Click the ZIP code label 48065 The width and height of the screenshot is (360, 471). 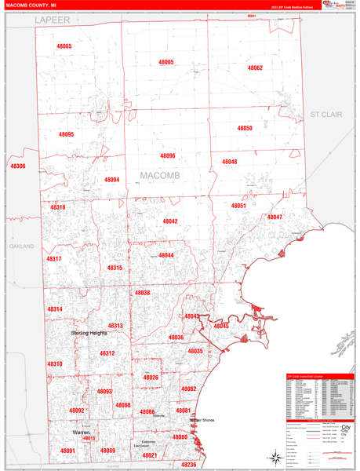point(64,46)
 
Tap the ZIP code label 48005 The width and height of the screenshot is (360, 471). point(166,62)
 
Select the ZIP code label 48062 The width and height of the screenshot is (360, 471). point(255,68)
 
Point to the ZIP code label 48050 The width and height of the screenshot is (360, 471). point(245,128)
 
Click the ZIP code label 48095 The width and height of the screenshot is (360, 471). point(66,134)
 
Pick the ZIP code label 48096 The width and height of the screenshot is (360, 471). point(167,156)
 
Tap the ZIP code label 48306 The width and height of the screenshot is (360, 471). point(17,166)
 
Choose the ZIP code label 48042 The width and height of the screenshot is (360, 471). point(170,221)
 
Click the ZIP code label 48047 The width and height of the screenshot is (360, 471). point(275,217)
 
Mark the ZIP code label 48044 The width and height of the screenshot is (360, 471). point(166,255)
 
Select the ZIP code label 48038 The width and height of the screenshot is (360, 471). point(142,293)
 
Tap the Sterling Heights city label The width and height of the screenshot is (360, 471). point(89,333)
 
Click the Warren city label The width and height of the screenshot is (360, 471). point(82,433)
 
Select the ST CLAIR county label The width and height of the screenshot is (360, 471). point(326,114)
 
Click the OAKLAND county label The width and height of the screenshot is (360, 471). point(22,246)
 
